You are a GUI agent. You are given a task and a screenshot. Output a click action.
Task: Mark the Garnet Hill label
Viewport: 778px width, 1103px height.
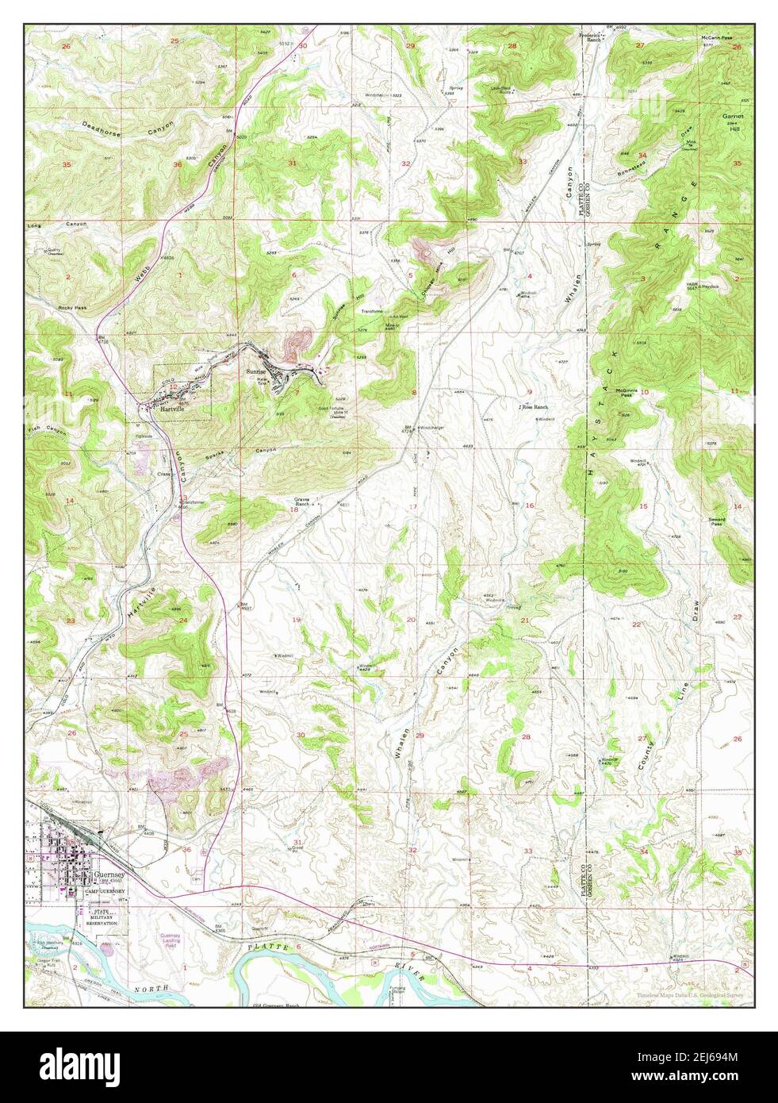pyautogui.click(x=732, y=119)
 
